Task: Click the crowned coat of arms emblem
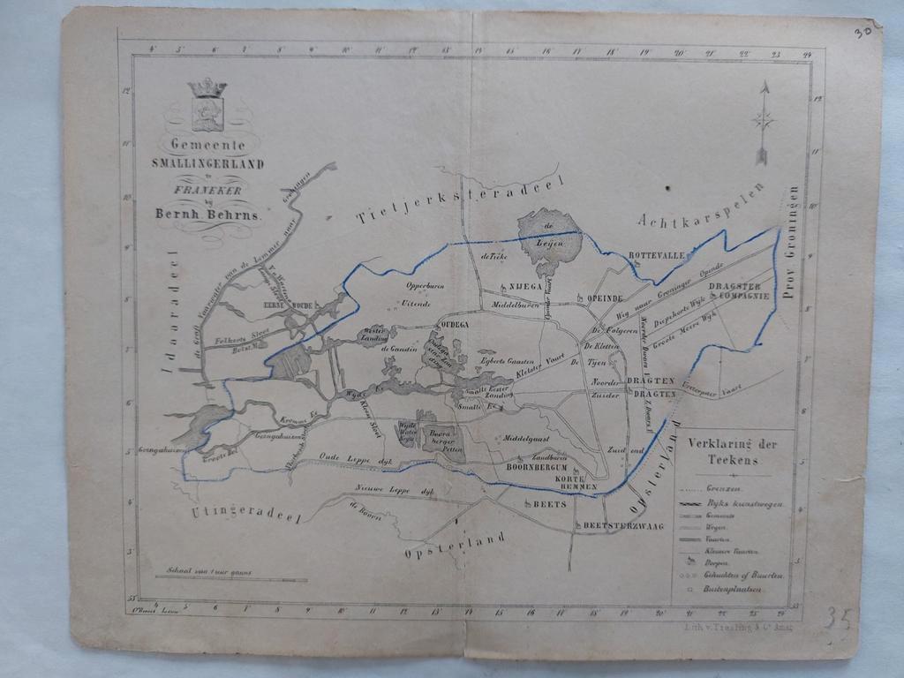point(208,104)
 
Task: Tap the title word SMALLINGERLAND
point(207,163)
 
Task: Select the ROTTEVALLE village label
point(656,255)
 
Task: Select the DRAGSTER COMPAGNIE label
point(741,291)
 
